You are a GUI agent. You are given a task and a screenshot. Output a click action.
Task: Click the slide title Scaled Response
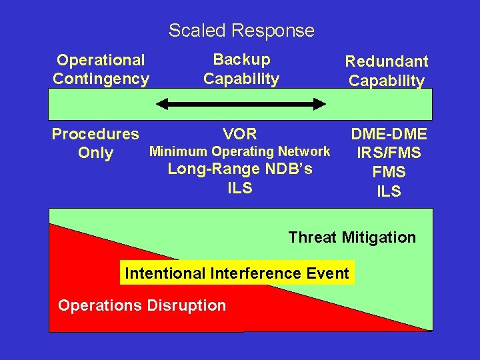tap(241, 31)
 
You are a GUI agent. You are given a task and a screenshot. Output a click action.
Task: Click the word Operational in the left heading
tap(100, 60)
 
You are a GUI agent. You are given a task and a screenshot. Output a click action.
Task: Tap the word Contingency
tap(101, 79)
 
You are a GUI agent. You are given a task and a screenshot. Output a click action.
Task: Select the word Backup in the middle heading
tap(241, 59)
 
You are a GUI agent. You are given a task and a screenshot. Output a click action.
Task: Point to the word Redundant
tap(386, 61)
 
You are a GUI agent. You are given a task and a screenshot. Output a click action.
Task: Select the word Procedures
tap(95, 134)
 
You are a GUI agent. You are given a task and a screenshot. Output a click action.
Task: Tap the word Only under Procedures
tap(95, 153)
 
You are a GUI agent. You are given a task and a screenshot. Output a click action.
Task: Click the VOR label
tap(240, 133)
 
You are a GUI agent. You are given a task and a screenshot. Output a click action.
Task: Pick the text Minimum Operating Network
tap(239, 151)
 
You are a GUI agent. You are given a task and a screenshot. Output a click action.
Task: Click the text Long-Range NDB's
tap(239, 169)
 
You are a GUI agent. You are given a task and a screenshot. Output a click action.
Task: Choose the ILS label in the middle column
tap(240, 188)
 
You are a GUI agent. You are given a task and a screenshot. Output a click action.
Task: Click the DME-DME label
tap(389, 135)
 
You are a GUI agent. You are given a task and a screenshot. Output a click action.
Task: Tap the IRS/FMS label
tap(389, 153)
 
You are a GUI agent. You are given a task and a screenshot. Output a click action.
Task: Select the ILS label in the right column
tap(389, 191)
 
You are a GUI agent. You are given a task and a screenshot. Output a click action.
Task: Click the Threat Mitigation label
tap(351, 237)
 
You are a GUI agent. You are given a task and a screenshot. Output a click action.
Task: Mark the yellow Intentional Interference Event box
tap(237, 273)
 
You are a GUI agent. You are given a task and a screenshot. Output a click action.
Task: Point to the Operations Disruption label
tap(142, 306)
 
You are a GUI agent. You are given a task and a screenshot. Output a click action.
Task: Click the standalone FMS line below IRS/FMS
tap(389, 172)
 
